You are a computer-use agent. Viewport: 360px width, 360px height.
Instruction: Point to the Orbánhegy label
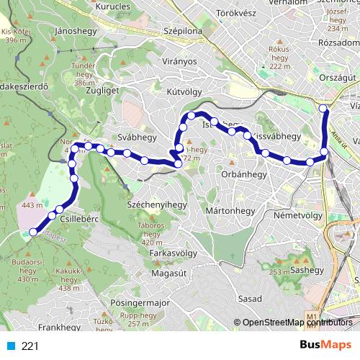click(x=244, y=174)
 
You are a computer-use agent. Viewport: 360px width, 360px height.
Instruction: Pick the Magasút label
click(x=170, y=274)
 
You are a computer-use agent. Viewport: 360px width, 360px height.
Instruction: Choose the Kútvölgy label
click(x=204, y=92)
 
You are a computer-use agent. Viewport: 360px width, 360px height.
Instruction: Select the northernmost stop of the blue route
click(x=323, y=109)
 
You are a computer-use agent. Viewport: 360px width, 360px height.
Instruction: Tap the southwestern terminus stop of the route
click(x=32, y=232)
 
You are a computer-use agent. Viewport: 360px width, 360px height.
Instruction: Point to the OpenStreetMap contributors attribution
click(x=297, y=323)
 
